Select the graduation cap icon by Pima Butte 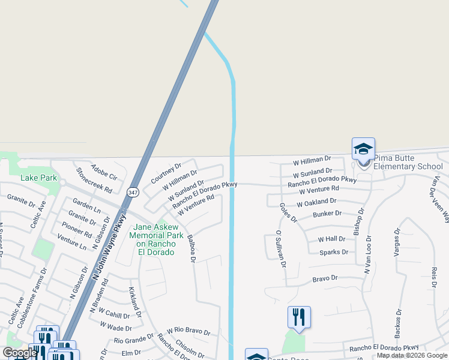(x=363, y=148)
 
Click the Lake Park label (x=38, y=178)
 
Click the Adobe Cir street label (x=104, y=172)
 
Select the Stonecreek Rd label (x=95, y=180)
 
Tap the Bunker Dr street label (x=327, y=213)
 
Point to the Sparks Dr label (x=334, y=253)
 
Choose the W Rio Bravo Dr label (x=188, y=331)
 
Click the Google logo (x=20, y=353)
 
